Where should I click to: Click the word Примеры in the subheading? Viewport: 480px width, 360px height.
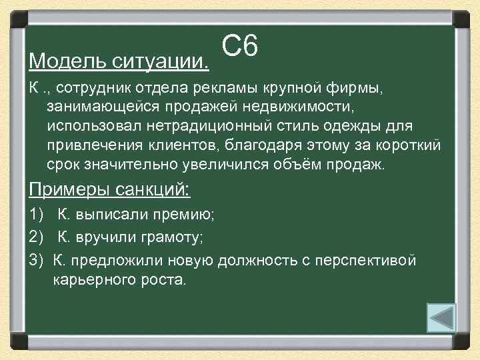(x=66, y=189)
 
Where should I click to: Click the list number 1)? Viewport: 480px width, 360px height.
(x=36, y=215)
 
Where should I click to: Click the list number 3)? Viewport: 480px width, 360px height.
(x=36, y=260)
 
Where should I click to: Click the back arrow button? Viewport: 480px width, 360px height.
(x=440, y=317)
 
